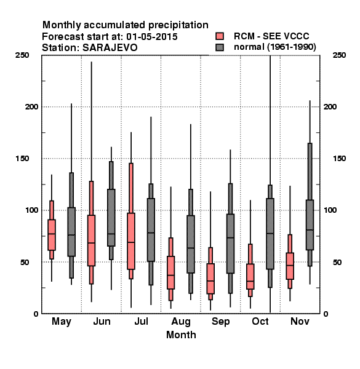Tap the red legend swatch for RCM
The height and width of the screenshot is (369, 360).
220,36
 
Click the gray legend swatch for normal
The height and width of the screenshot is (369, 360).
220,47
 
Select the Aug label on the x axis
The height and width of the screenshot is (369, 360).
181,322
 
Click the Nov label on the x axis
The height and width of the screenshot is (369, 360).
300,321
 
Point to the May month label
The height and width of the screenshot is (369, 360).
62,322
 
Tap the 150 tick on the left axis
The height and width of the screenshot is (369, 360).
22,159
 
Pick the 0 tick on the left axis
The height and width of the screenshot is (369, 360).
36,314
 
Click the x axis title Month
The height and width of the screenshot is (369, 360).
181,335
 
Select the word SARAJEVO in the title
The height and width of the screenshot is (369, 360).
110,48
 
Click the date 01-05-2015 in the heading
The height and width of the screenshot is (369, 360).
152,37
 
